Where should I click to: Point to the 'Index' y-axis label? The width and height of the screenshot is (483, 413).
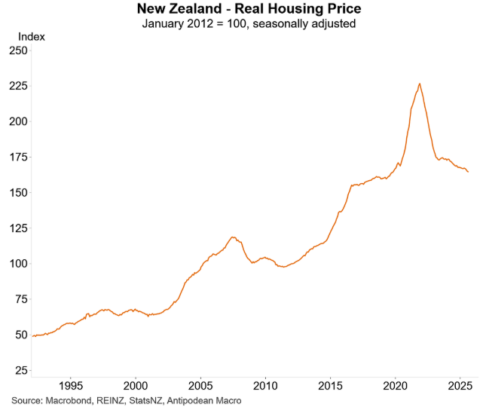[31, 36]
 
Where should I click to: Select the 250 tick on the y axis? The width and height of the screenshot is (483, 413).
[17, 50]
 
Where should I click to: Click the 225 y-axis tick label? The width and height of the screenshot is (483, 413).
[17, 86]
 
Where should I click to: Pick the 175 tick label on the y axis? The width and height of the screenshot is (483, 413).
[17, 157]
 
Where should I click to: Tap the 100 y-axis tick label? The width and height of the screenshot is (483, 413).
[17, 264]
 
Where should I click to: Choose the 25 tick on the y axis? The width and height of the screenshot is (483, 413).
[20, 371]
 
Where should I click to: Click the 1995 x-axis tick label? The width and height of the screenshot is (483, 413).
[71, 386]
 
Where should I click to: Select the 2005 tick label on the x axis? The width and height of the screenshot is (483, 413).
[200, 386]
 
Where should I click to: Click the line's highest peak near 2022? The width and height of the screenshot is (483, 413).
[420, 84]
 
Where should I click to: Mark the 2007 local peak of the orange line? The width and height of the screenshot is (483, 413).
[233, 237]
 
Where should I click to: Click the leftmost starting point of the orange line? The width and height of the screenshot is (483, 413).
[32, 336]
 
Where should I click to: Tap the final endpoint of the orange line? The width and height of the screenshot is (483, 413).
[468, 172]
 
